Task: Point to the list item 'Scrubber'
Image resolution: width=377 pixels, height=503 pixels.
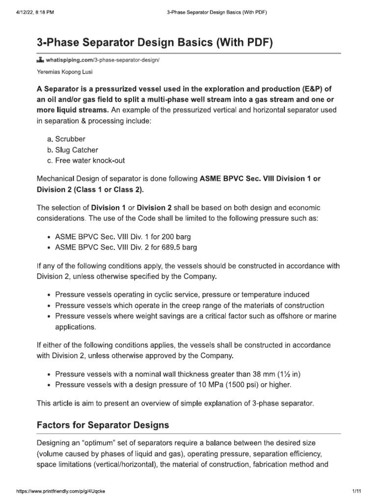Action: point(72,140)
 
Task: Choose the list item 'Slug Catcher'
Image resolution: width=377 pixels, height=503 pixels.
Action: point(77,150)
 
